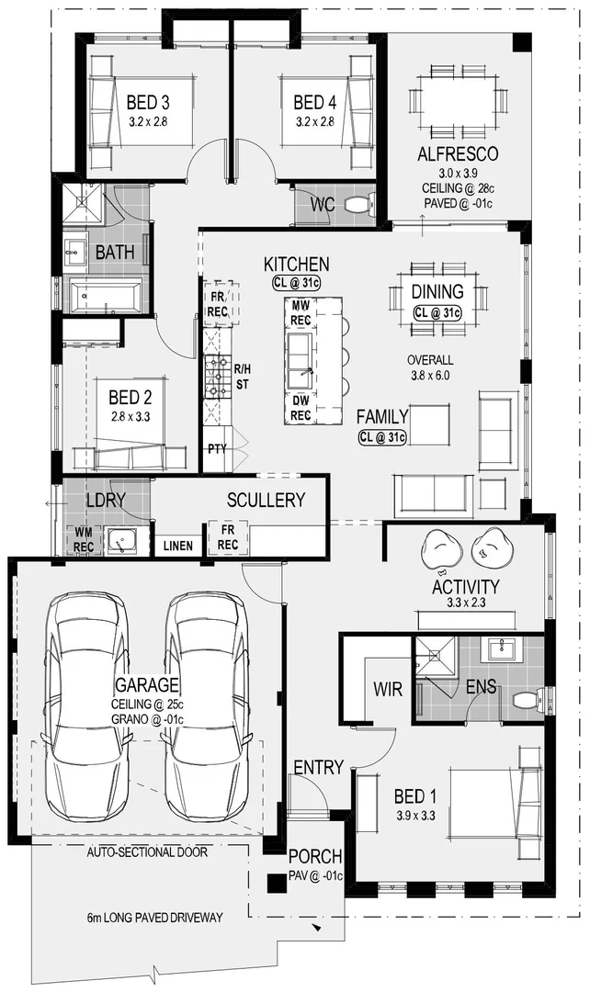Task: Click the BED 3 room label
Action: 148,102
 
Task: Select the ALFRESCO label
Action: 457,153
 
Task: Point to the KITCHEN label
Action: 296,265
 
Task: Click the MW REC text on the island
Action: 301,312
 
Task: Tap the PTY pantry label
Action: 217,449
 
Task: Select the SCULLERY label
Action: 266,500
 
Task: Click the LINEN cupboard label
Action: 178,546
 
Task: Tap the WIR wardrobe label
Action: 387,689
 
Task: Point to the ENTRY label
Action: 318,767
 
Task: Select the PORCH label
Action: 315,856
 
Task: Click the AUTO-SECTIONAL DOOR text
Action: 147,852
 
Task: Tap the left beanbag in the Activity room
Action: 441,549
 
